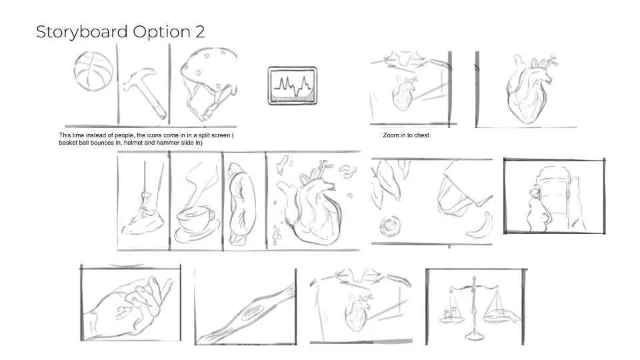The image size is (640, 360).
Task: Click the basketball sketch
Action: pyautogui.click(x=93, y=71)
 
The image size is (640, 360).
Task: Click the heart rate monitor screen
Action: pyautogui.click(x=292, y=86)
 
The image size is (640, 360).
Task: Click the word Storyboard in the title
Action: pyautogui.click(x=81, y=32)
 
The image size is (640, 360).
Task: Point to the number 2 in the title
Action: pyautogui.click(x=200, y=32)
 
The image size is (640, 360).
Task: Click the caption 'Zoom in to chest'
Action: pyautogui.click(x=406, y=135)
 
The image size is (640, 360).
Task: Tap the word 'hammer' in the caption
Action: pyautogui.click(x=179, y=143)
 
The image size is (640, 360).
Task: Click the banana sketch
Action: pyautogui.click(x=481, y=227)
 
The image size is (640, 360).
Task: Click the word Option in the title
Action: pyautogui.click(x=161, y=32)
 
